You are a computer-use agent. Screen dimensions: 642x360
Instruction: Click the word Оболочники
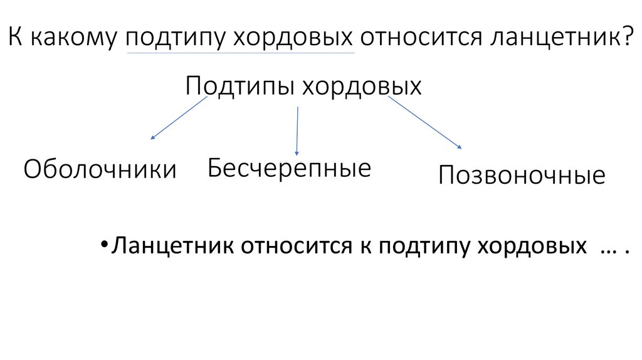(100, 169)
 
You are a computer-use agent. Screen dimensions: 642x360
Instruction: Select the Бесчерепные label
(290, 168)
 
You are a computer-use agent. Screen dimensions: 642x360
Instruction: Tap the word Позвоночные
(522, 176)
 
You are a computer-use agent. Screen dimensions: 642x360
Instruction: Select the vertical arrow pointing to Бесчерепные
(297, 130)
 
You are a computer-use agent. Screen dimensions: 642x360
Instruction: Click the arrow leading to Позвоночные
(424, 122)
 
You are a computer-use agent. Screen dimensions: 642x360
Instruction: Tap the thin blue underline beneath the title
(241, 53)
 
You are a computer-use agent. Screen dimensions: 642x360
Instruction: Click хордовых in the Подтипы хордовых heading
(362, 86)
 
